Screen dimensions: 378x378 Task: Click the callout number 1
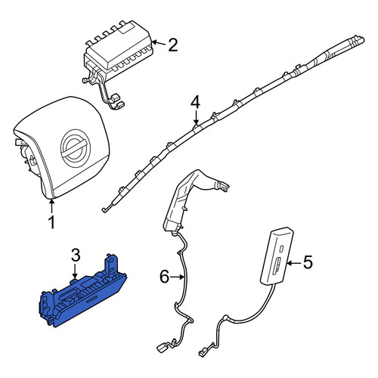coord(51,222)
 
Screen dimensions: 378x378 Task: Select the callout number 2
coord(173,45)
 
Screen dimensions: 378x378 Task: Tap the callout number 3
coord(76,255)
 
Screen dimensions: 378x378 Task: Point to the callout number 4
coord(195,103)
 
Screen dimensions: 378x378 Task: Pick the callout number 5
coord(308,262)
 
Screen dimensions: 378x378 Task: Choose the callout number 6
coord(164,277)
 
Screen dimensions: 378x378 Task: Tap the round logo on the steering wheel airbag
coord(75,148)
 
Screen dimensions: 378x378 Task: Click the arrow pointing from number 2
coord(159,43)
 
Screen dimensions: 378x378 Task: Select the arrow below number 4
coord(196,117)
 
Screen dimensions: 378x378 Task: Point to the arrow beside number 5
coord(294,263)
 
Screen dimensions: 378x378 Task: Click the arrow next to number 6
coord(177,277)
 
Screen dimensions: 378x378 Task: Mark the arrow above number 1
coord(51,206)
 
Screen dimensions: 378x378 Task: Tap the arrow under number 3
coord(74,271)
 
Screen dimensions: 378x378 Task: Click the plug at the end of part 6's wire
coord(161,348)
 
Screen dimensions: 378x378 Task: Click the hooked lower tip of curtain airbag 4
coord(104,210)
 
